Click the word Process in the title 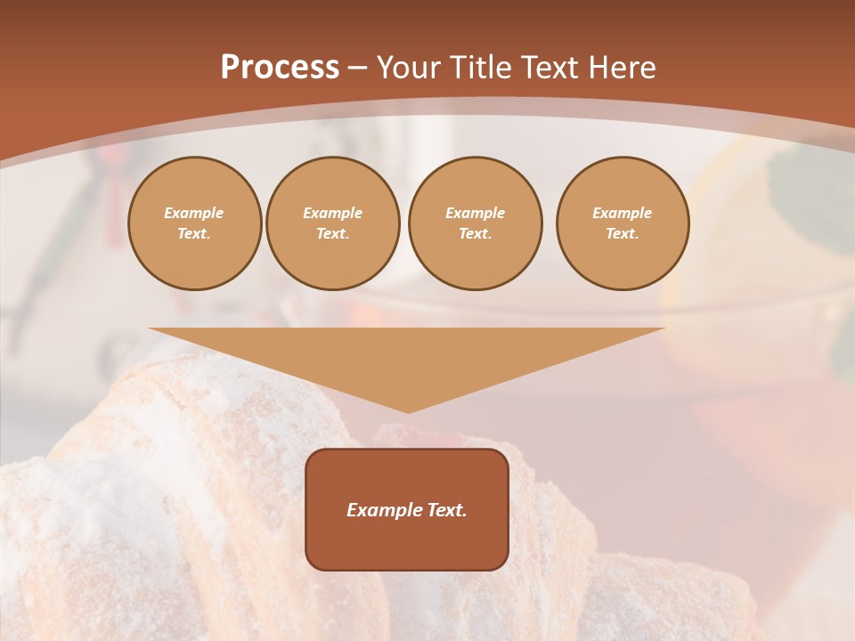click(x=280, y=68)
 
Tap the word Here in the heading click(x=621, y=68)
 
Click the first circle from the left click(x=194, y=223)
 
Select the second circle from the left click(x=333, y=223)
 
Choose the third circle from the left click(x=475, y=223)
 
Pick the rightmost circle click(x=623, y=223)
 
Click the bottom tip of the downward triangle click(x=408, y=411)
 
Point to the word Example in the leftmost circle click(x=194, y=213)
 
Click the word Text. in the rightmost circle click(x=623, y=234)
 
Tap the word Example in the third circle click(x=475, y=213)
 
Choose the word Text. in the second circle click(x=333, y=234)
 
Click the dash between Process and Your click(x=357, y=68)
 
